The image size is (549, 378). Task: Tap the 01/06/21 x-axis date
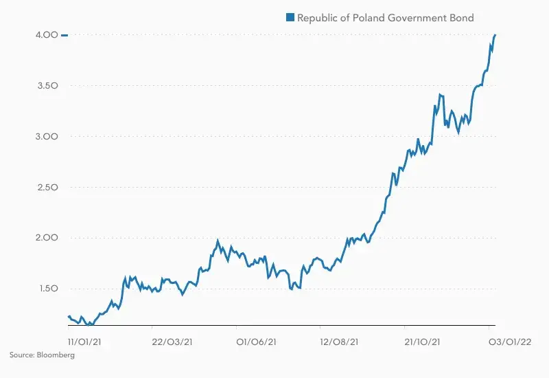pos(257,341)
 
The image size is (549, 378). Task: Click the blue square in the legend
pos(290,17)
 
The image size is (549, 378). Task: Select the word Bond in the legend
pos(460,17)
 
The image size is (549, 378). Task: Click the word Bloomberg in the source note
pos(56,355)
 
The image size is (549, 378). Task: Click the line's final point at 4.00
pos(495,34)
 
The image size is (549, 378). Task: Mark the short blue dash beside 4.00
pos(65,35)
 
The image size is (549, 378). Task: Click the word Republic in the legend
pos(317,17)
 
